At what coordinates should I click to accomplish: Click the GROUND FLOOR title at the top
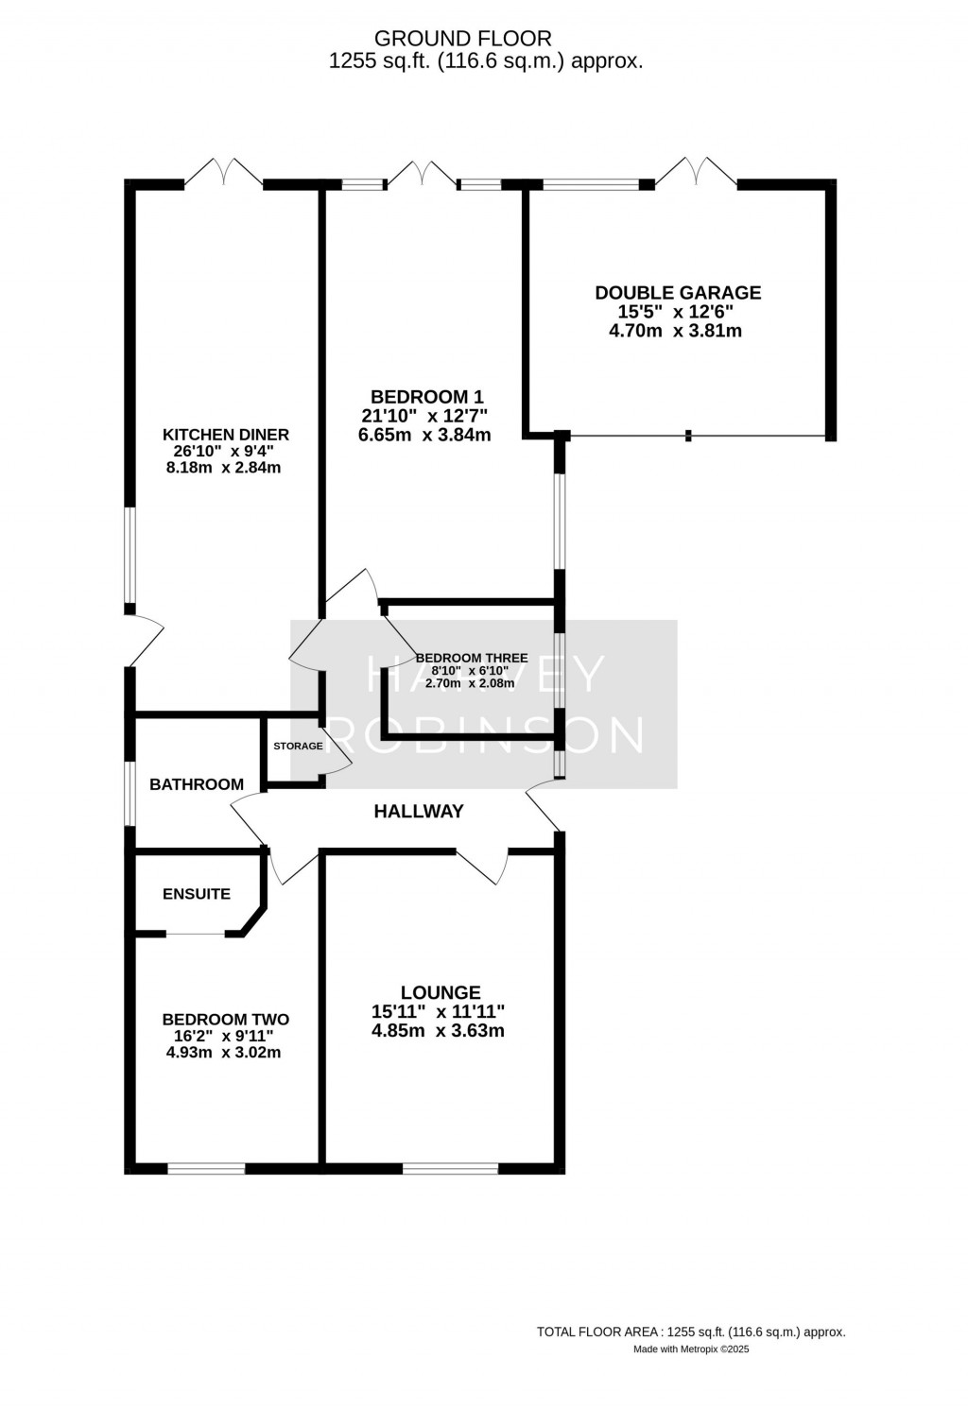pos(462,39)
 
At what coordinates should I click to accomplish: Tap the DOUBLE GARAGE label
pos(677,293)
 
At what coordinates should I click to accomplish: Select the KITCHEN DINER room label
pos(226,435)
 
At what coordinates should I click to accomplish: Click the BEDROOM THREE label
pos(471,658)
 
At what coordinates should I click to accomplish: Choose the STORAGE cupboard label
pos(298,747)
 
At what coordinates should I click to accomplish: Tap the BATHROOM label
pos(197,784)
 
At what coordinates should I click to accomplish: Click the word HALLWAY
pos(419,811)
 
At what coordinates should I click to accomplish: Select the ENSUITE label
pos(197,894)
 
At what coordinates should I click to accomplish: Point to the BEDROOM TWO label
pos(225,1020)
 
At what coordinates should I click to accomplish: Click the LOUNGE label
pos(441,992)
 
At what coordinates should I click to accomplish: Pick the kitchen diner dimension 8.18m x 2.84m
pos(226,468)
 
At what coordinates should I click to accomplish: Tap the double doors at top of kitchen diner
pos(223,172)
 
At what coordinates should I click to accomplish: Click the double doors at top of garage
pos(696,172)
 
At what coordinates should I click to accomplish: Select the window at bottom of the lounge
pos(450,1168)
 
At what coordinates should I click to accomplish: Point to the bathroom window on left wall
pos(130,794)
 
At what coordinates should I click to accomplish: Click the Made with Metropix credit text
pos(690,1349)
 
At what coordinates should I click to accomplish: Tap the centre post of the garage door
pos(689,436)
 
